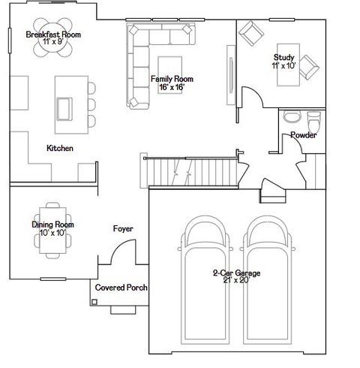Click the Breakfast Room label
[x=52, y=35]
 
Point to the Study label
[x=283, y=56]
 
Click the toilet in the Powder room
[x=313, y=119]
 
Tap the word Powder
[x=303, y=135]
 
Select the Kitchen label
[x=60, y=149]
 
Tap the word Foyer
[x=124, y=228]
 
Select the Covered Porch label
[x=121, y=288]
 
